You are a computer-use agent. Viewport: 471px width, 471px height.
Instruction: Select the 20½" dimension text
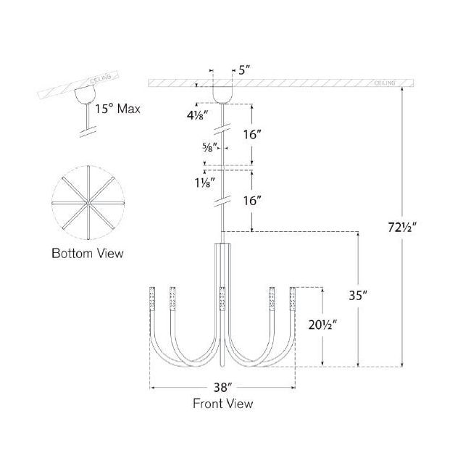(321, 325)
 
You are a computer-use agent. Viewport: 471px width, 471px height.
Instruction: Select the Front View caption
(222, 404)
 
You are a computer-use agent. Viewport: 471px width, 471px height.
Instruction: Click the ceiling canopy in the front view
(223, 95)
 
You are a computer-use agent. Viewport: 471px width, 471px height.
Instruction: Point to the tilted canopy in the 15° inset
(85, 93)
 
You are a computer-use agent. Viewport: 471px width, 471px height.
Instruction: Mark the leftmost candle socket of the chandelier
(151, 299)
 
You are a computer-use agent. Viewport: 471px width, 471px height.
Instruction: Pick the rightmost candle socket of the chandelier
(293, 299)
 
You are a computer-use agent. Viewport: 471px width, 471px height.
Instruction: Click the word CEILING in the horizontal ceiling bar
(385, 83)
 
